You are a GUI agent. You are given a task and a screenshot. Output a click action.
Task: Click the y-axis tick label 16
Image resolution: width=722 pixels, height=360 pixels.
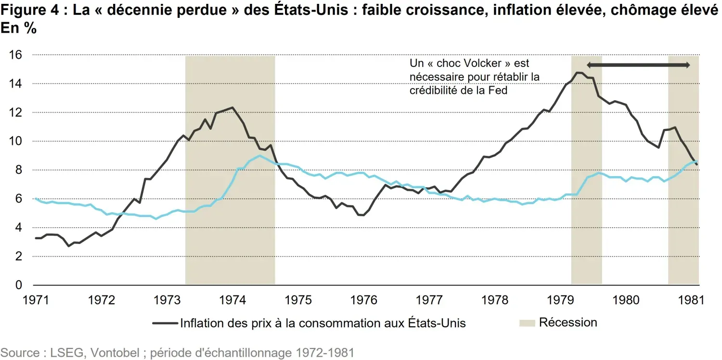pyautogui.click(x=15, y=55)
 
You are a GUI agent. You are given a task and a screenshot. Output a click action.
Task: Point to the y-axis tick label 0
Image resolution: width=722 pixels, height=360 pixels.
pyautogui.click(x=18, y=285)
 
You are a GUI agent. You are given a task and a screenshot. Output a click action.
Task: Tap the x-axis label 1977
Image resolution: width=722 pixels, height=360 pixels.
pyautogui.click(x=429, y=300)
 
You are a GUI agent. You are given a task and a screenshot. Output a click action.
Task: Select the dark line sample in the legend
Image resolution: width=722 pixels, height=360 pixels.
pyautogui.click(x=165, y=323)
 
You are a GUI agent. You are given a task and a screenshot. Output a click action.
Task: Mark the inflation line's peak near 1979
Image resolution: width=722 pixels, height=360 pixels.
pyautogui.click(x=578, y=73)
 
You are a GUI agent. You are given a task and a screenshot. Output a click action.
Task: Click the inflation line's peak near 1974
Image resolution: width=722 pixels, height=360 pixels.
pyautogui.click(x=232, y=107)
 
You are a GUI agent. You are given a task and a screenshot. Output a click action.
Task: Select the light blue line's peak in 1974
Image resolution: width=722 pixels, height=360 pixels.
pyautogui.click(x=259, y=155)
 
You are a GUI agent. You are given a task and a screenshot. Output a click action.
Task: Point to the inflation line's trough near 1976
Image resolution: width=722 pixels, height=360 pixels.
pyautogui.click(x=362, y=215)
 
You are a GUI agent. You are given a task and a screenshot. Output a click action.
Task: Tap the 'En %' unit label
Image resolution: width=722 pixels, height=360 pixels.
pyautogui.click(x=19, y=28)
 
